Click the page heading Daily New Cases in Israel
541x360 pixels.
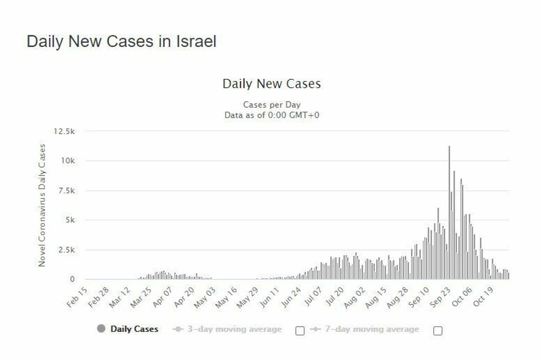122,42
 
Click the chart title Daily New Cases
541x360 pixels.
272,84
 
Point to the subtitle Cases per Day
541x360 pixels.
272,105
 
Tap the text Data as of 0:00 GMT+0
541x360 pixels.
272,115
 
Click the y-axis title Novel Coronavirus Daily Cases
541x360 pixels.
42,205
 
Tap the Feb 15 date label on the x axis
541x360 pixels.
77,297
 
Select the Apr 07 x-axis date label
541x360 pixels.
162,297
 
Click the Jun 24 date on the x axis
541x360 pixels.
291,297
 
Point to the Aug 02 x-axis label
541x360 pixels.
355,297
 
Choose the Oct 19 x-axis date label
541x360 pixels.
483,297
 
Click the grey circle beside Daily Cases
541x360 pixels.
101,329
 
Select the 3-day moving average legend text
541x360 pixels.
234,329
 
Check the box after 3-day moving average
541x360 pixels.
300,331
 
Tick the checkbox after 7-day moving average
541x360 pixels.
437,331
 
